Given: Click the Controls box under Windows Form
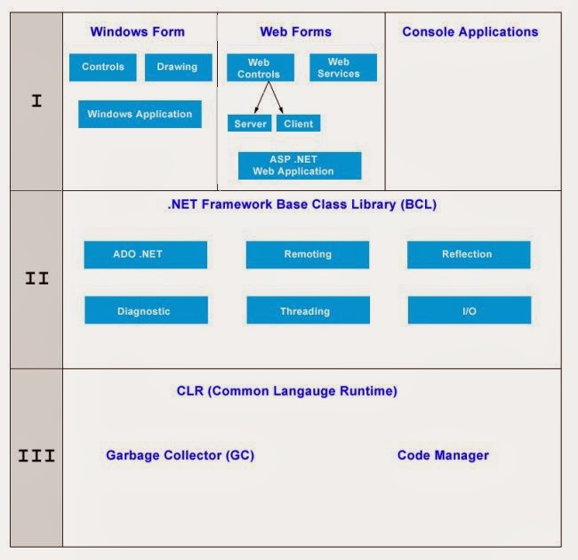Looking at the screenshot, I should pyautogui.click(x=103, y=68).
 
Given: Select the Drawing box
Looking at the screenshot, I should pyautogui.click(x=178, y=68).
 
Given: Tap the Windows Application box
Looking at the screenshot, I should pyautogui.click(x=140, y=114).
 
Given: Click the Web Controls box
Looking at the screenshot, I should pyautogui.click(x=259, y=68).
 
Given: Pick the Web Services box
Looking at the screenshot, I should pyautogui.click(x=343, y=68).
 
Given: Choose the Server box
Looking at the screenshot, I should pyautogui.click(x=250, y=124).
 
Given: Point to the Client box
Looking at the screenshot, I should pyautogui.click(x=298, y=124).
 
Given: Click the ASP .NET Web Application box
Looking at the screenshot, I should pyautogui.click(x=300, y=165).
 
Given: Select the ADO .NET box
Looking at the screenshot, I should pyautogui.click(x=145, y=254).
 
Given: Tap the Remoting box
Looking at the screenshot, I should pyautogui.click(x=307, y=254).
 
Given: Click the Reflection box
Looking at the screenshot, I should pyautogui.click(x=468, y=254).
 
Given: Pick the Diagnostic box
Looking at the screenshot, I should pyautogui.click(x=145, y=311).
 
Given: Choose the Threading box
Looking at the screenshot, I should pyautogui.click(x=307, y=311).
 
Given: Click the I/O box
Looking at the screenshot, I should pyautogui.click(x=469, y=311).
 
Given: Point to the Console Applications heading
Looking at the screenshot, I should pyautogui.click(x=470, y=32).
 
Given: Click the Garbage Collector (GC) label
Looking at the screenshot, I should pyautogui.click(x=180, y=455).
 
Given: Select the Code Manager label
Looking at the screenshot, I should pyautogui.click(x=443, y=455).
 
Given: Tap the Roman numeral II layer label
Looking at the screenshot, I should pyautogui.click(x=36, y=278).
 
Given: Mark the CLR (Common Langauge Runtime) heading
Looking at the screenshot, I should pyautogui.click(x=286, y=391).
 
